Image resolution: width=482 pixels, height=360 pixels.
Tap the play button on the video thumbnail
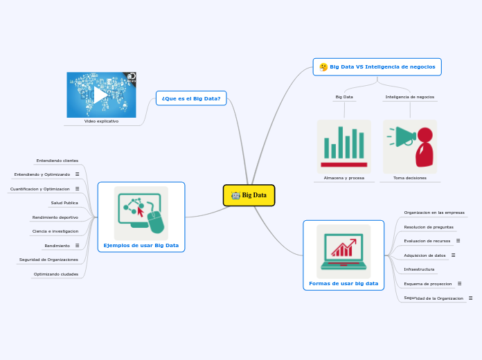point(100,94)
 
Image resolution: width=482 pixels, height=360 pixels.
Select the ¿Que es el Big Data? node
point(191,98)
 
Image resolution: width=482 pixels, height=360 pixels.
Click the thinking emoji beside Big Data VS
point(323,67)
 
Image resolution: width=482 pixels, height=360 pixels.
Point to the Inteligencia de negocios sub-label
point(410,97)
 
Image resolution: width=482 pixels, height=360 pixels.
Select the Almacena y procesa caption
point(343,178)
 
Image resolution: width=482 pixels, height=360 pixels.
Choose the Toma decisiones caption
point(410,178)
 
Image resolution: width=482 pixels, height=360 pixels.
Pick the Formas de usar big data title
point(343,283)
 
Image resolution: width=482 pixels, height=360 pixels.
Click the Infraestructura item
point(419,269)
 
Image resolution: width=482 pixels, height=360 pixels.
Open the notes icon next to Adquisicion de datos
point(453,255)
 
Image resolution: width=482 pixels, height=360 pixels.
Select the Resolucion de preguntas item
point(429,227)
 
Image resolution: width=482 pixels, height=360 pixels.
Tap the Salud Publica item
point(64,203)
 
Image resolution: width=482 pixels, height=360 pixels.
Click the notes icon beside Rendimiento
point(77,246)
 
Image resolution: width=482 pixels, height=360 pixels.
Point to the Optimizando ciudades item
point(56,274)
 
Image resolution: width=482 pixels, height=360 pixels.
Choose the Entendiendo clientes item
point(57,160)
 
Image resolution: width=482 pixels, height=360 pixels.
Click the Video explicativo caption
point(101,121)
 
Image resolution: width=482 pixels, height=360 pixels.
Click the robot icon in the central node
point(235,195)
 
